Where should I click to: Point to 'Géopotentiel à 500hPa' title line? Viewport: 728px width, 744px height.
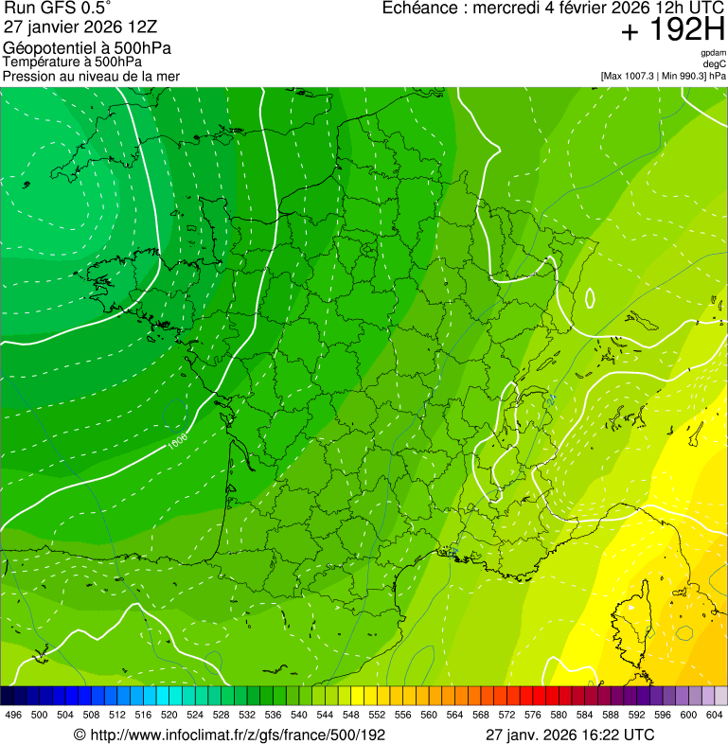(x=87, y=47)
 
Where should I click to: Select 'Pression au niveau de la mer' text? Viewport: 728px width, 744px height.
(x=91, y=76)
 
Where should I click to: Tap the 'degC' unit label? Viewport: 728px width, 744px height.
(x=715, y=64)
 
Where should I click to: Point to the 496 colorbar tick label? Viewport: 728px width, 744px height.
(x=13, y=716)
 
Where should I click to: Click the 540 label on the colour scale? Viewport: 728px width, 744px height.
(x=299, y=716)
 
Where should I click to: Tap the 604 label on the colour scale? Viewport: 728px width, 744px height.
(x=715, y=716)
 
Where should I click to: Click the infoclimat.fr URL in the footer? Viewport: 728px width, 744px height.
(x=229, y=735)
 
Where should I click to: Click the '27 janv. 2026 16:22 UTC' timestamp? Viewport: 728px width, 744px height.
(x=569, y=735)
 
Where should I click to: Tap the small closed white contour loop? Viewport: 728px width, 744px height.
(x=590, y=298)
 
